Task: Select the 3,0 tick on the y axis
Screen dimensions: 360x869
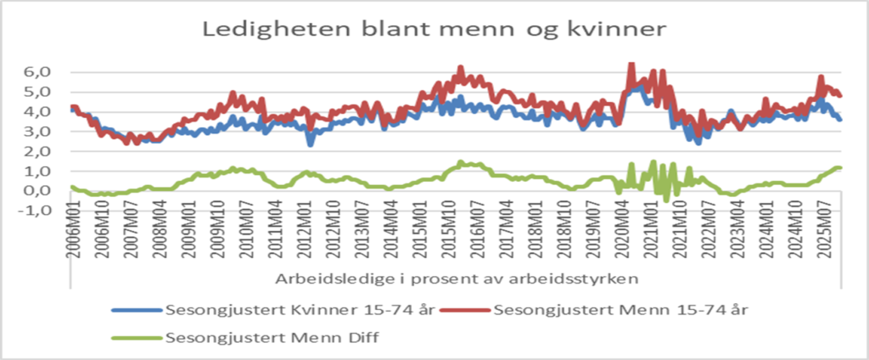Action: click(37, 131)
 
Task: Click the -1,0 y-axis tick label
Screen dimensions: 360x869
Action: click(36, 211)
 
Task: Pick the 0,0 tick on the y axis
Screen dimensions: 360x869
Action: click(37, 190)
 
